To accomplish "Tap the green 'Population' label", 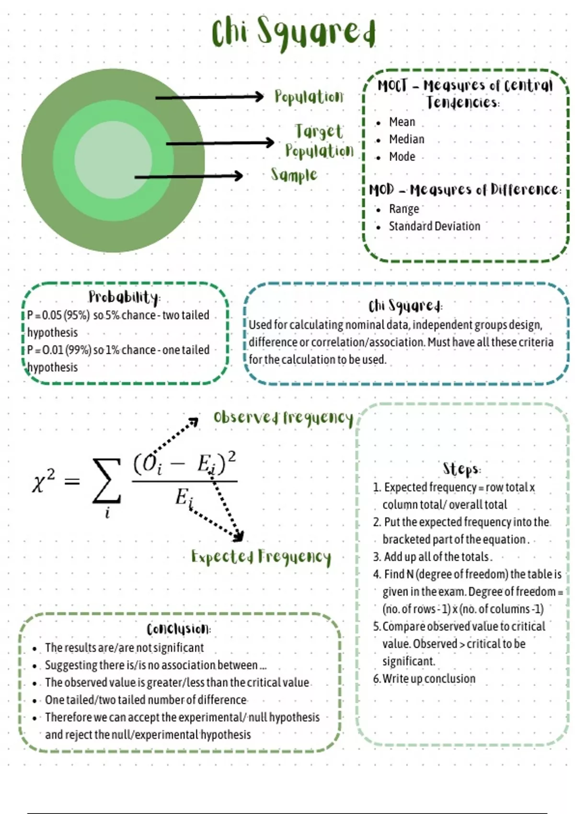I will (309, 97).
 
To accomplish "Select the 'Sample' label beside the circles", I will (294, 175).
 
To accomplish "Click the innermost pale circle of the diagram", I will (113, 161).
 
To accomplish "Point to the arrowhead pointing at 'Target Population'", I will (270, 143).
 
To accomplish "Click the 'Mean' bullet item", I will (402, 122).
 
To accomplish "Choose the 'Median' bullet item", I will (406, 139).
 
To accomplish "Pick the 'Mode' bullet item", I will (402, 157).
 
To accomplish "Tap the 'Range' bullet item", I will (404, 209).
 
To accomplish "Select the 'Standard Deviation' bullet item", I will (434, 226).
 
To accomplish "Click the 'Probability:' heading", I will (124, 297).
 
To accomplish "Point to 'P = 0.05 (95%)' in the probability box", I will (58, 315).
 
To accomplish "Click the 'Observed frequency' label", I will (283, 418).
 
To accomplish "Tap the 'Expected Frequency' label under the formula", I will (261, 556).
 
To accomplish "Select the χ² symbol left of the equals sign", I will (44, 480).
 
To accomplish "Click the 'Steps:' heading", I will (461, 469).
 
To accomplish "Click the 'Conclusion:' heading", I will (179, 629).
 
